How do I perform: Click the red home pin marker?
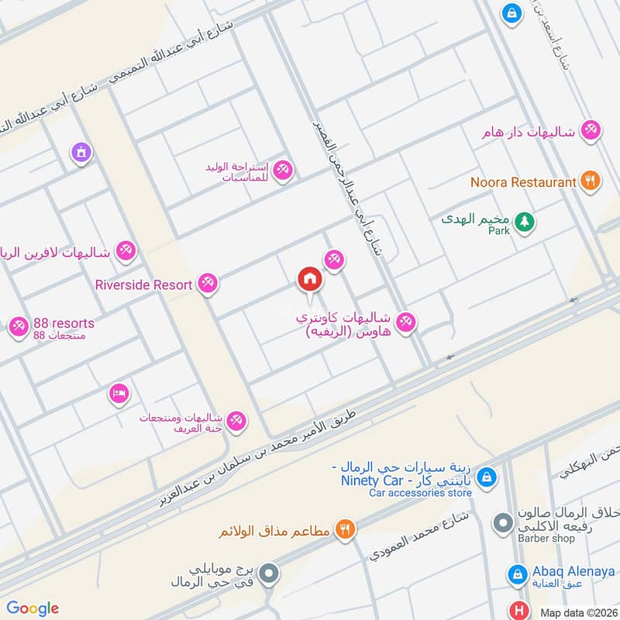[309, 279]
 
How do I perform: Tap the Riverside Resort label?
[143, 284]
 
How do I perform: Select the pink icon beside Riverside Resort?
[207, 284]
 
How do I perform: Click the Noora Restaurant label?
[524, 182]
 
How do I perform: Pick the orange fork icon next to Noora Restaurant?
[591, 181]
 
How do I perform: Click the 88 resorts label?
[64, 323]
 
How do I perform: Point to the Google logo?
[33, 608]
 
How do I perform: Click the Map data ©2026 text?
[578, 612]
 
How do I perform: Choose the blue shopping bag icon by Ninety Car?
[486, 476]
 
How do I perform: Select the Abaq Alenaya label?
[573, 571]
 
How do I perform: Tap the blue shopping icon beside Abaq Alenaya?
[517, 575]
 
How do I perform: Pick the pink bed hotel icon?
[118, 393]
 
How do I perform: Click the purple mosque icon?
[79, 153]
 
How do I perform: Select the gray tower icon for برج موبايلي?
[269, 574]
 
